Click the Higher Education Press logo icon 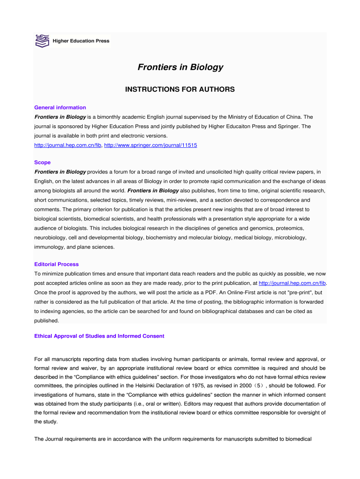click(x=42, y=41)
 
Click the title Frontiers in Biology click(x=180, y=67)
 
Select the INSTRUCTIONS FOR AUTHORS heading click(x=180, y=89)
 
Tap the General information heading click(x=60, y=108)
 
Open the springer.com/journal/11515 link click(x=151, y=145)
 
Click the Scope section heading click(x=43, y=163)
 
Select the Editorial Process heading click(x=57, y=264)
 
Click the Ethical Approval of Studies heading click(x=100, y=336)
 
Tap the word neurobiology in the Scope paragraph click(x=50, y=238)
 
